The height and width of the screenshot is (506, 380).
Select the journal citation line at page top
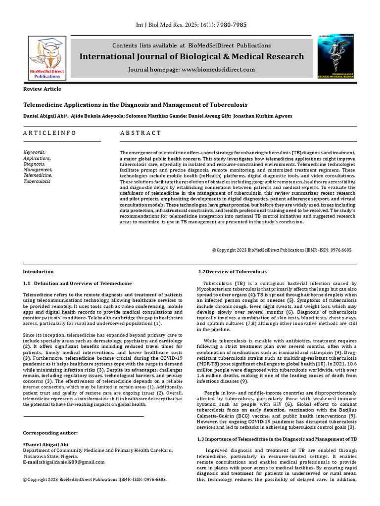point(191,25)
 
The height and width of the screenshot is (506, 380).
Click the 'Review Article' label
point(43,89)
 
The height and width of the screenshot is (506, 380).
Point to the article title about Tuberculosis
point(135,105)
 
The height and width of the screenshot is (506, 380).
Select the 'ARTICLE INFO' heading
point(50,133)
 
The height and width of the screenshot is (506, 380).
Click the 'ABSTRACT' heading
point(141,133)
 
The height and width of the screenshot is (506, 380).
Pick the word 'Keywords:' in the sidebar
point(35,152)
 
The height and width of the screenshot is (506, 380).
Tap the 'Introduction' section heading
point(39,272)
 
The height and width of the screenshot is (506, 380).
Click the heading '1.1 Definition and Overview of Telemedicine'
point(78,283)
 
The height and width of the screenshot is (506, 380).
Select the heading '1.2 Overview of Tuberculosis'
point(233,272)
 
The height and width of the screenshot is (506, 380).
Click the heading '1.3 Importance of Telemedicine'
point(277,439)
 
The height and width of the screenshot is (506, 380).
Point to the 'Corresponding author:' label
point(50,433)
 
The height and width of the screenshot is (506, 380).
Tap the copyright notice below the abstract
point(282,251)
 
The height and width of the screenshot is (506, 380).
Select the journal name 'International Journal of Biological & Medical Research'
point(192,57)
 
